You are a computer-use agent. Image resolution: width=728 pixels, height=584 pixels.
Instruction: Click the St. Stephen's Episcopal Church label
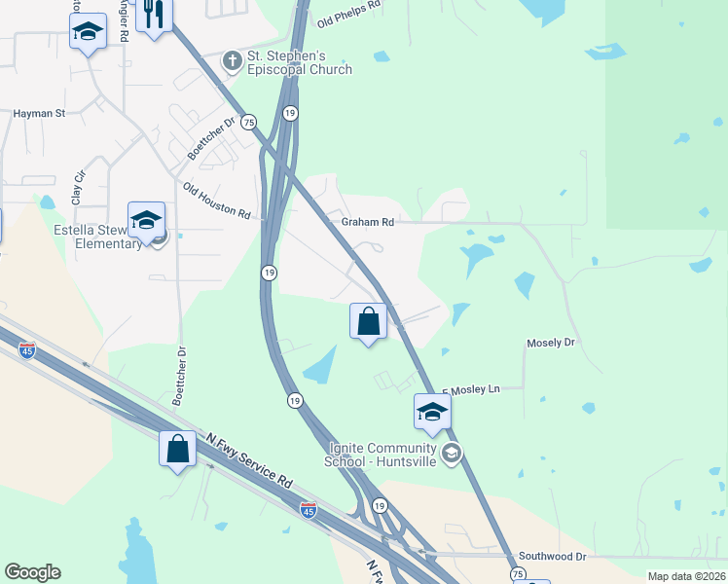coord(299,62)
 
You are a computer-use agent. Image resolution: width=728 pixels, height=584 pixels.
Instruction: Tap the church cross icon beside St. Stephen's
coord(232,61)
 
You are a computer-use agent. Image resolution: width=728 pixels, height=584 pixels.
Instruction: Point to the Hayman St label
coord(39,114)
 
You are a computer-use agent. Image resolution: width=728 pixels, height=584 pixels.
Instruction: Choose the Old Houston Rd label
coord(217,200)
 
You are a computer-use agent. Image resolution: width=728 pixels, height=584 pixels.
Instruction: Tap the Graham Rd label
coord(367,222)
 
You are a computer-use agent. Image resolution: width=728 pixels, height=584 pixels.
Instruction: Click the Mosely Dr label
coord(551,343)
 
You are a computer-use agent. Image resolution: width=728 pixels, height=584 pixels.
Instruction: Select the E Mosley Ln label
coord(471,389)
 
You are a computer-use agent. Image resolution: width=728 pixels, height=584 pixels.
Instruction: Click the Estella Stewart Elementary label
coord(97,237)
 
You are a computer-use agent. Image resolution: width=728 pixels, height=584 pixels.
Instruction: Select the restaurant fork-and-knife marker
coord(154,15)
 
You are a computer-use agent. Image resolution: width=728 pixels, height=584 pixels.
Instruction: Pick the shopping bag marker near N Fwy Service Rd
coord(176,450)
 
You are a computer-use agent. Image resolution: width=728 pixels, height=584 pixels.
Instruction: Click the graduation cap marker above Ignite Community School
coord(432,412)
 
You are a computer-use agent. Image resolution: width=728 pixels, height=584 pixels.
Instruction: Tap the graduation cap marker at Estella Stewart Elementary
coord(146,220)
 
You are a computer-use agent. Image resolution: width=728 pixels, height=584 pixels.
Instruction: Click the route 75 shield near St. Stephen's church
coord(250,122)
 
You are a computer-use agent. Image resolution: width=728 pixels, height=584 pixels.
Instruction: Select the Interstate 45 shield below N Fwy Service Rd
coord(308,509)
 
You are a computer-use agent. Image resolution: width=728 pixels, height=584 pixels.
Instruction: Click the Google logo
coord(32,572)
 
